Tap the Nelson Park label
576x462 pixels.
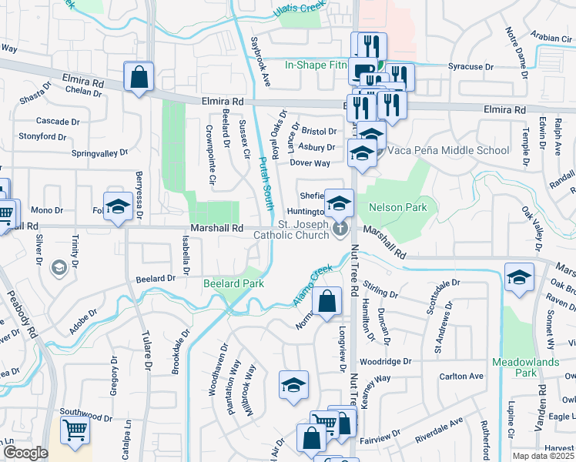point(397,208)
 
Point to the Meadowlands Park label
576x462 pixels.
point(514,367)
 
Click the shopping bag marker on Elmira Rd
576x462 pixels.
point(139,78)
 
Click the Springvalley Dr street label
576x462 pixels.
point(99,153)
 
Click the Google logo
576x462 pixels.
point(25,453)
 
